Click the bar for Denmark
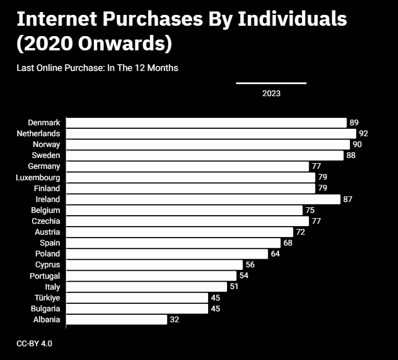(206, 122)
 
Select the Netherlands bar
(211, 133)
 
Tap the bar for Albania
(117, 319)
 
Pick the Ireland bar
(204, 199)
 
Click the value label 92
(364, 133)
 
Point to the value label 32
(174, 319)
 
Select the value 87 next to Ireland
(348, 199)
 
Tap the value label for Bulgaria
(216, 308)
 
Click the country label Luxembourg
(38, 177)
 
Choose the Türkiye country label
(47, 298)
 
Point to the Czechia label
(46, 221)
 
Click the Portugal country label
(45, 276)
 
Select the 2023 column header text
(272, 93)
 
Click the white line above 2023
(272, 83)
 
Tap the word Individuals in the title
(292, 19)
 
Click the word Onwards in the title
(122, 43)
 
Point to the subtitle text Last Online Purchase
(61, 68)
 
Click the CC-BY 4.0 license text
(34, 344)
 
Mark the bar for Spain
(173, 243)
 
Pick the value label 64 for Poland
(276, 254)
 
